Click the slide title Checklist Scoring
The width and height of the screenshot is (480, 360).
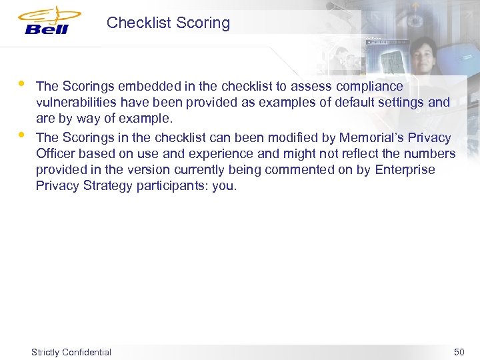(x=168, y=23)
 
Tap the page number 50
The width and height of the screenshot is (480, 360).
(x=459, y=352)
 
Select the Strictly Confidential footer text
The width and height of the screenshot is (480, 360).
(x=71, y=352)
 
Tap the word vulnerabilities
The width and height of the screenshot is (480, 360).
(x=77, y=103)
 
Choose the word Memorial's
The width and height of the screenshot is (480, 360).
(x=374, y=138)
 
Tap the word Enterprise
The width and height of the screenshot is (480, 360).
(x=405, y=169)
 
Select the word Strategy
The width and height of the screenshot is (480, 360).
(x=109, y=186)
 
